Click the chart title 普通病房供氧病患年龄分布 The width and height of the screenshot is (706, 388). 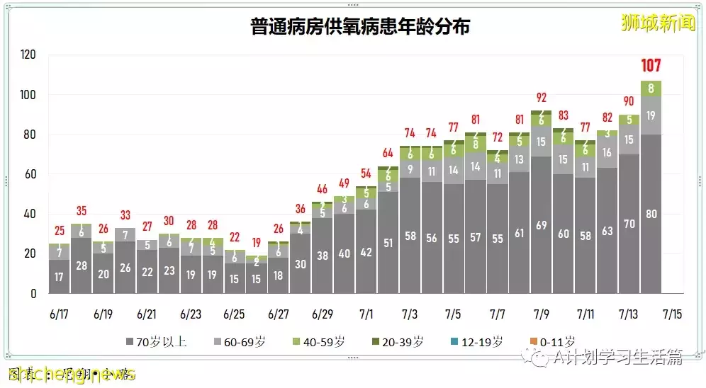point(359,27)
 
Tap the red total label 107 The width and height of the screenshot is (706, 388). point(651,66)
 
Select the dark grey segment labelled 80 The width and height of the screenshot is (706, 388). point(651,213)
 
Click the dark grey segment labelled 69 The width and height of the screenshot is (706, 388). point(541,224)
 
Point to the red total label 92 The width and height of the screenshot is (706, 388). point(542,98)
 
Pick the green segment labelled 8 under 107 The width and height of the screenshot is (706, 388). point(651,89)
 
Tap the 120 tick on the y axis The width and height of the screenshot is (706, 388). point(29,55)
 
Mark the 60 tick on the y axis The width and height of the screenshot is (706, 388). point(31,174)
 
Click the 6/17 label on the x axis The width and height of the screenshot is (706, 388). point(60,313)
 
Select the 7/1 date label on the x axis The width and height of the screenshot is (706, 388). point(366,313)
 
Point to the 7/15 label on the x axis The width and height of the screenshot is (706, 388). point(673,313)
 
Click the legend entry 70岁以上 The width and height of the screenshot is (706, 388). point(157,341)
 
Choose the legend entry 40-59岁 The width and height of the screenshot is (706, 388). point(320,341)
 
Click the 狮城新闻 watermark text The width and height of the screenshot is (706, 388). point(658,23)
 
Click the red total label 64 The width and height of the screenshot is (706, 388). point(388,152)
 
